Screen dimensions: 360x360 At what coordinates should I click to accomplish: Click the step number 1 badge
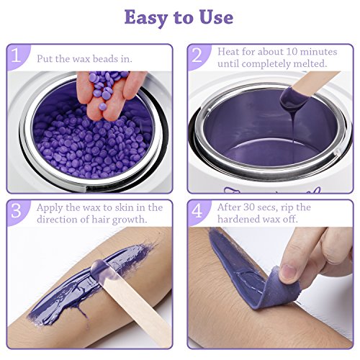pos(17,55)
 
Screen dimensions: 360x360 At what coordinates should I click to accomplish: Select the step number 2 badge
pos(197,55)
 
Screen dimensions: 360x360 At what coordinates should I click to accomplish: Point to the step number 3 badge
pos(17,211)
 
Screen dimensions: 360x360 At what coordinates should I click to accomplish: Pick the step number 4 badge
pos(197,211)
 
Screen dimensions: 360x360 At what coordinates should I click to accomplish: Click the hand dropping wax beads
pos(108,96)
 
